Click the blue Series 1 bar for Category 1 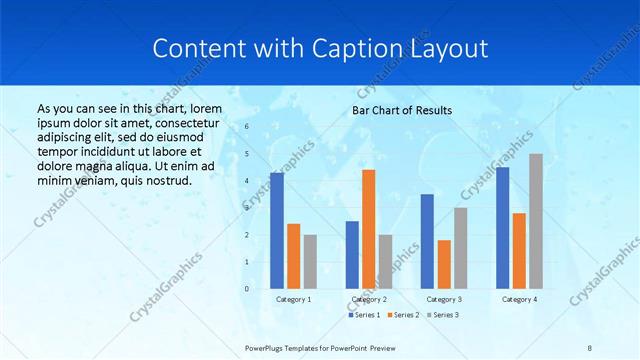tap(277, 230)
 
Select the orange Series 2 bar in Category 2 tap(369, 228)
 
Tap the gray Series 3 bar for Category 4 tap(536, 220)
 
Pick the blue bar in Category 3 tap(428, 240)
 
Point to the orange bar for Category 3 tap(444, 264)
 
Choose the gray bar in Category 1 tap(310, 261)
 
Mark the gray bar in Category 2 tap(386, 261)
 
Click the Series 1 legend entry tap(364, 315)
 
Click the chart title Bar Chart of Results tap(402, 110)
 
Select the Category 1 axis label tap(293, 299)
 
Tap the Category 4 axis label tap(519, 299)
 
